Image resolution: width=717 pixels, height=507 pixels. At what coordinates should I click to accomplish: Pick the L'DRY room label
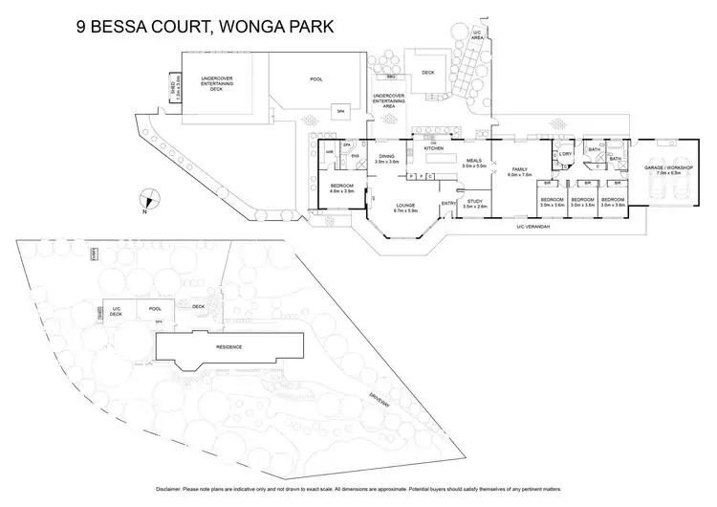point(565,154)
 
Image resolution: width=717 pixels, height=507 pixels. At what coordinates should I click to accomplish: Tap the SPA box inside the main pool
point(339,111)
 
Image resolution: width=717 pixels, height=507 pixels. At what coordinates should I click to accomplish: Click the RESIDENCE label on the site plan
point(228,346)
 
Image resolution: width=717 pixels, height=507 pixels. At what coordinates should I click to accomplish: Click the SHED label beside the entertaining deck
point(172,92)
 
